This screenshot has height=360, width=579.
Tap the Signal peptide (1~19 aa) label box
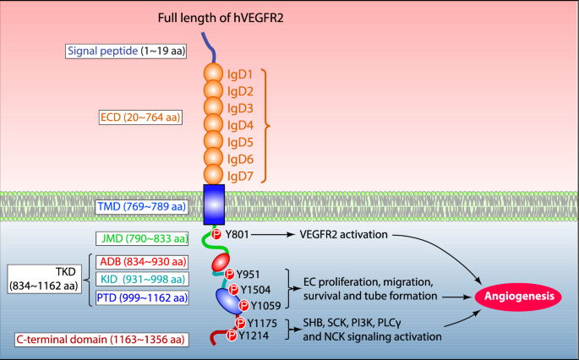coord(127,52)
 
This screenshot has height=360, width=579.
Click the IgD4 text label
coord(245,124)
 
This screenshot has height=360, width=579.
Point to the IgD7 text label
coord(245,176)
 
